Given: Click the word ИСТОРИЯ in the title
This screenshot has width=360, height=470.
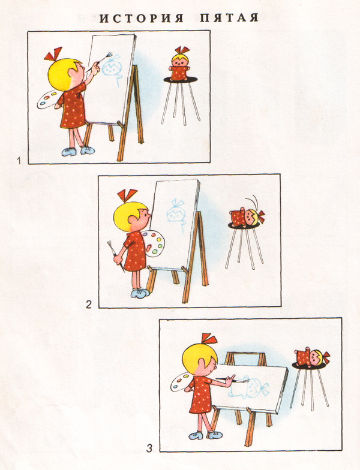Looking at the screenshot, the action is point(142,18).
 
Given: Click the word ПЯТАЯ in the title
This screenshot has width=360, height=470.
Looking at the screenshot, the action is point(229,18).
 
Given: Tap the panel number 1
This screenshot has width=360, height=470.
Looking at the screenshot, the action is point(19,161).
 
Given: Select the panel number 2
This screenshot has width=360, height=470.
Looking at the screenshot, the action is point(89,305).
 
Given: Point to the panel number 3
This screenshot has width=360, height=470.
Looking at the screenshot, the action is point(149,448).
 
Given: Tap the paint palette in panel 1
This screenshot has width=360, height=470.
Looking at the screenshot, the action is point(48,99).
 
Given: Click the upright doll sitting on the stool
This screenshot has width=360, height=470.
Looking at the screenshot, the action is point(179,67).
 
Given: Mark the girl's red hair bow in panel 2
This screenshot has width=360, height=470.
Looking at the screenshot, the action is point(127,195).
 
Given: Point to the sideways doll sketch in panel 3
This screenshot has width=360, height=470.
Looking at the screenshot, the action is point(248,387).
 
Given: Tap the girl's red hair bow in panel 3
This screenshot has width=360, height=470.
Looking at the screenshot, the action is point(209,339).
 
